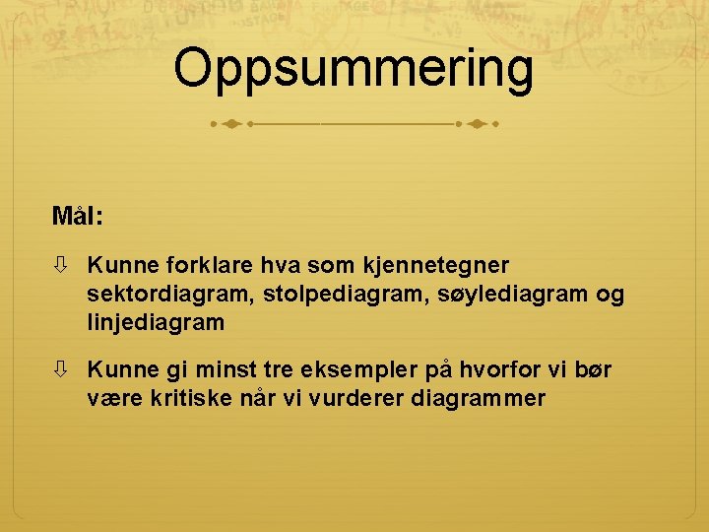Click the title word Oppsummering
pyautogui.click(x=354, y=68)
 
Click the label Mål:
pyautogui.click(x=79, y=215)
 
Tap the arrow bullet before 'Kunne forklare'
pyautogui.click(x=62, y=265)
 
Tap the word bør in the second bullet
pyautogui.click(x=592, y=370)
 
